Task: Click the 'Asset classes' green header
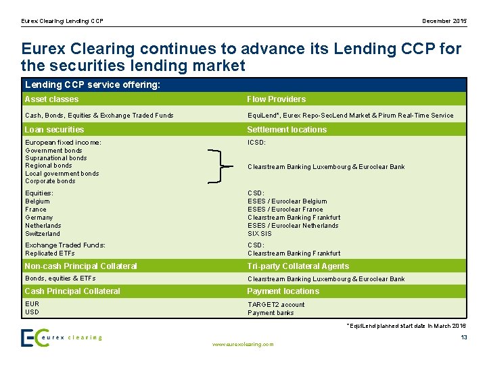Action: tap(51, 99)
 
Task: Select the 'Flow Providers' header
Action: tap(276, 99)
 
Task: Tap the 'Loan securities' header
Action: tap(54, 130)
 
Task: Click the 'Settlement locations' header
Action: tap(286, 130)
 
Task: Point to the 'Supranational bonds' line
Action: tap(55, 158)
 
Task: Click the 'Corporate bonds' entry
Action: tap(50, 181)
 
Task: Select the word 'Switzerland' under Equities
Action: tap(43, 234)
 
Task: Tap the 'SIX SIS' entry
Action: tap(259, 234)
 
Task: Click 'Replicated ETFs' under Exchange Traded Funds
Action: tap(50, 253)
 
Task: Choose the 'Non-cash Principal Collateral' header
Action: tap(80, 266)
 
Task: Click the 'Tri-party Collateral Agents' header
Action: tap(298, 266)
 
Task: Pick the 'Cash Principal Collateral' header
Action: tap(72, 291)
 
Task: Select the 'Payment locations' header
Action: tap(283, 291)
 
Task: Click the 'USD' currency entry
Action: tap(32, 312)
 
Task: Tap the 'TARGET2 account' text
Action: tap(276, 305)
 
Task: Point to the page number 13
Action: tap(463, 337)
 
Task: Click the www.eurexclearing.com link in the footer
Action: tap(243, 345)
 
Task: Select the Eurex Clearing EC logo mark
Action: tap(34, 337)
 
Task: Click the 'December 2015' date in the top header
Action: tap(444, 21)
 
